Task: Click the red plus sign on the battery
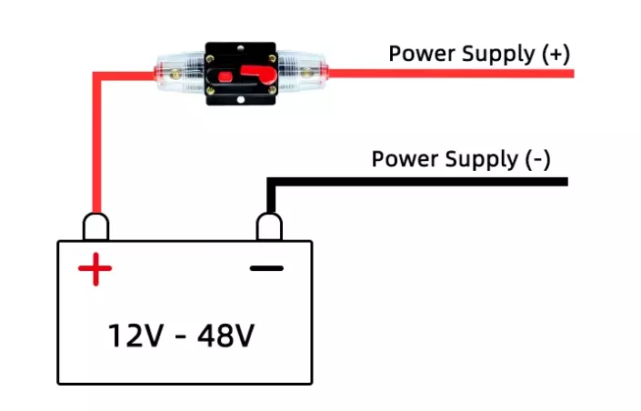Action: [95, 268]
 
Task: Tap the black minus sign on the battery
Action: [266, 268]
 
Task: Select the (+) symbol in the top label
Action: [555, 54]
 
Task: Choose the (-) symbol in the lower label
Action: [537, 160]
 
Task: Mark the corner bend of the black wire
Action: [269, 183]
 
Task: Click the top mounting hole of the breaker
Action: [240, 47]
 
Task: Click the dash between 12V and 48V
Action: [180, 337]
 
